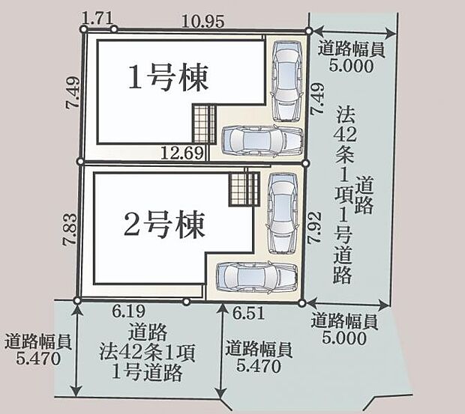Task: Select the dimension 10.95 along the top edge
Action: click(x=202, y=22)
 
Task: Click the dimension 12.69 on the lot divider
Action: click(x=181, y=154)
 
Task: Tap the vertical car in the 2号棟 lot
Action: click(x=283, y=211)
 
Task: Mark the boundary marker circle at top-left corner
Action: click(x=84, y=28)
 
